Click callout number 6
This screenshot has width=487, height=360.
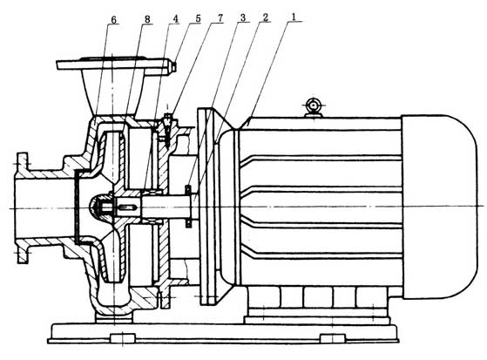pos(113,20)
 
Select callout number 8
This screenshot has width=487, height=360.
pos(147,19)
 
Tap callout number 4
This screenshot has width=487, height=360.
pos(176,19)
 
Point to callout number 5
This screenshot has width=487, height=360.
pos(198,18)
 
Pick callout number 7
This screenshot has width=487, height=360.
pos(220,18)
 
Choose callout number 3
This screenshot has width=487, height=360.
pos(242,18)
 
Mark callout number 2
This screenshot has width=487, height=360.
pos(265,17)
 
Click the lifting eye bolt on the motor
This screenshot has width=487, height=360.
pos(313,107)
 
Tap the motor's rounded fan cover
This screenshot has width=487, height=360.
pos(440,207)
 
